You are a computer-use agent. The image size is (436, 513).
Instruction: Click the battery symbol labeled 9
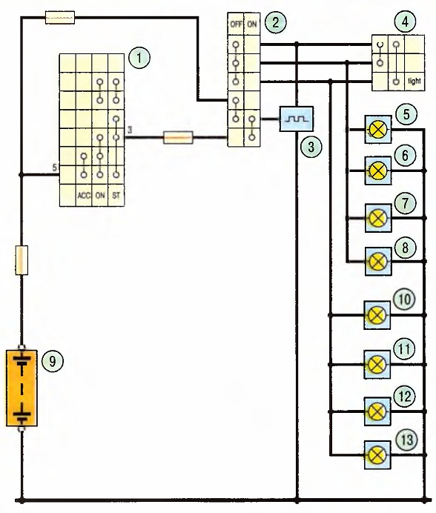22,388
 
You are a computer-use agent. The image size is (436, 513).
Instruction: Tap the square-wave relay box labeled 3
297,119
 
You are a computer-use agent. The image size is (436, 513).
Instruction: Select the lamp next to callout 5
378,129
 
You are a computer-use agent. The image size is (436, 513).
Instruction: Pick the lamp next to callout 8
378,262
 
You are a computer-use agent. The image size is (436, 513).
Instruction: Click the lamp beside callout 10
377,315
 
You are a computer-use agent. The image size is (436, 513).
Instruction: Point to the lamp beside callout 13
377,455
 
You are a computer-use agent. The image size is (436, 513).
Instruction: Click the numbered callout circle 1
139,58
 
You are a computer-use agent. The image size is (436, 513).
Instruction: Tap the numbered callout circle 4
406,22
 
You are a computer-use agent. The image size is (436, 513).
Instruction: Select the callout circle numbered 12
405,397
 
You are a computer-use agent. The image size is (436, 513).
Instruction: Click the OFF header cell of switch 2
236,24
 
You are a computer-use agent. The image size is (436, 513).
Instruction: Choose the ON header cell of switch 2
252,24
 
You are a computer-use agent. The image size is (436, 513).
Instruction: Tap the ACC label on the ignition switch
84,196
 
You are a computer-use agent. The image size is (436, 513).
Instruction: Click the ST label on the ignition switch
116,196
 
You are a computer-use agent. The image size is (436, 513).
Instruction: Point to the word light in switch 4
414,81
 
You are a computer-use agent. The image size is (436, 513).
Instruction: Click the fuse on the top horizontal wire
59,17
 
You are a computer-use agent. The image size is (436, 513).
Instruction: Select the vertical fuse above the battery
22,260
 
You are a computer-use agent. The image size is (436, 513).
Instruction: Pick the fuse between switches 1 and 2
178,138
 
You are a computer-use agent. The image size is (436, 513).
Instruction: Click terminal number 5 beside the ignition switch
55,168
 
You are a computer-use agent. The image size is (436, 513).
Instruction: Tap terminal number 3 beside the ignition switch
130,130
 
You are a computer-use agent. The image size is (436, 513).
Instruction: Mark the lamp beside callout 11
377,365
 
